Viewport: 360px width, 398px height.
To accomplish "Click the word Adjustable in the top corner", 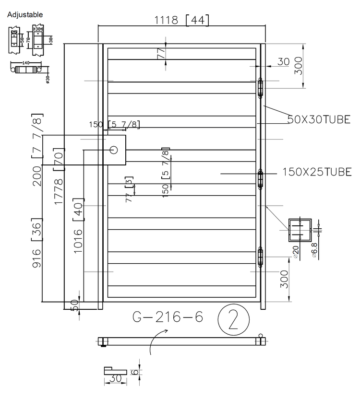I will [25, 15].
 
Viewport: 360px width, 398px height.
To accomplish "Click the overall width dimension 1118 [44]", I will [182, 20].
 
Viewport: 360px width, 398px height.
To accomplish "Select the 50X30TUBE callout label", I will [319, 119].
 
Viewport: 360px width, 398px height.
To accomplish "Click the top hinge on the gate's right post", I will [261, 88].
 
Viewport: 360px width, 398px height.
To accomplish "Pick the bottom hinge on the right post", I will [261, 258].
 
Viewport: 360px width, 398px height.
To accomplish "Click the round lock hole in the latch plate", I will [114, 150].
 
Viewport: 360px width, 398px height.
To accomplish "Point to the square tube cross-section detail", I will [299, 230].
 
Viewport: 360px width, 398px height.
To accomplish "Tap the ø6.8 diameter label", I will [314, 250].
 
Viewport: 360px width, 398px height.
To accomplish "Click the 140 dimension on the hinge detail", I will [23, 62].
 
